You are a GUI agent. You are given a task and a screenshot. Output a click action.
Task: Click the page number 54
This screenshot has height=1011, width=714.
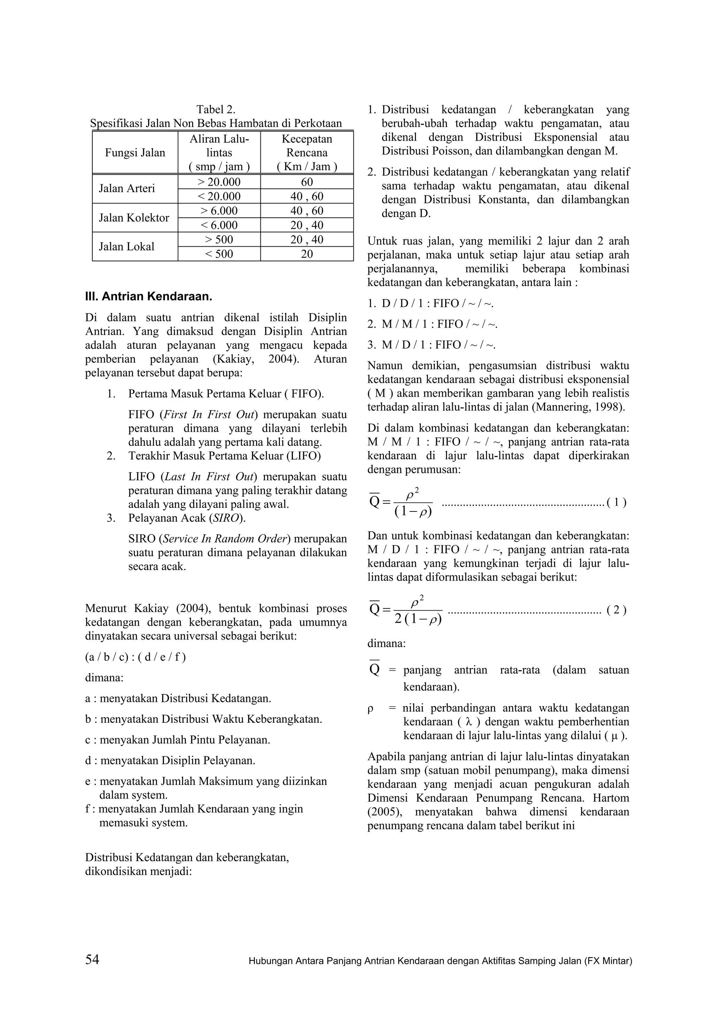tap(92, 959)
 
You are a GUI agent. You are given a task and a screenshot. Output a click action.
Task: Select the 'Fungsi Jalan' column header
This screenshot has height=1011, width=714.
tap(135, 153)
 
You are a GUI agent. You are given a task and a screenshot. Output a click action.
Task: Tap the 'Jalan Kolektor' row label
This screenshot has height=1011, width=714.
tap(134, 218)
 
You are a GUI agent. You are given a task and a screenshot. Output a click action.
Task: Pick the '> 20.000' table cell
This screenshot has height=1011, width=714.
tap(219, 182)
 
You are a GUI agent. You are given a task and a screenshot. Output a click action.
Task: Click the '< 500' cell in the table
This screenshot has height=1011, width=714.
tap(219, 254)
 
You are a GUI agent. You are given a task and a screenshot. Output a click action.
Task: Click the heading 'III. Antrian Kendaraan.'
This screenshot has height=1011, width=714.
tap(149, 296)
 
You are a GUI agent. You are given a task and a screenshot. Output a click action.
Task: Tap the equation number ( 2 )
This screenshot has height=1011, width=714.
tap(616, 610)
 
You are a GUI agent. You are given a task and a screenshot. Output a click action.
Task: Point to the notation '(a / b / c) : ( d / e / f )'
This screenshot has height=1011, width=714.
tap(136, 657)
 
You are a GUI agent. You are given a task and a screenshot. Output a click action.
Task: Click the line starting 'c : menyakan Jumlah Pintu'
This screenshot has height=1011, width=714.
tap(178, 740)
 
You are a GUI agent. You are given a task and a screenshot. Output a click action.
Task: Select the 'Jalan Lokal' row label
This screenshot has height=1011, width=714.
tap(127, 247)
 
